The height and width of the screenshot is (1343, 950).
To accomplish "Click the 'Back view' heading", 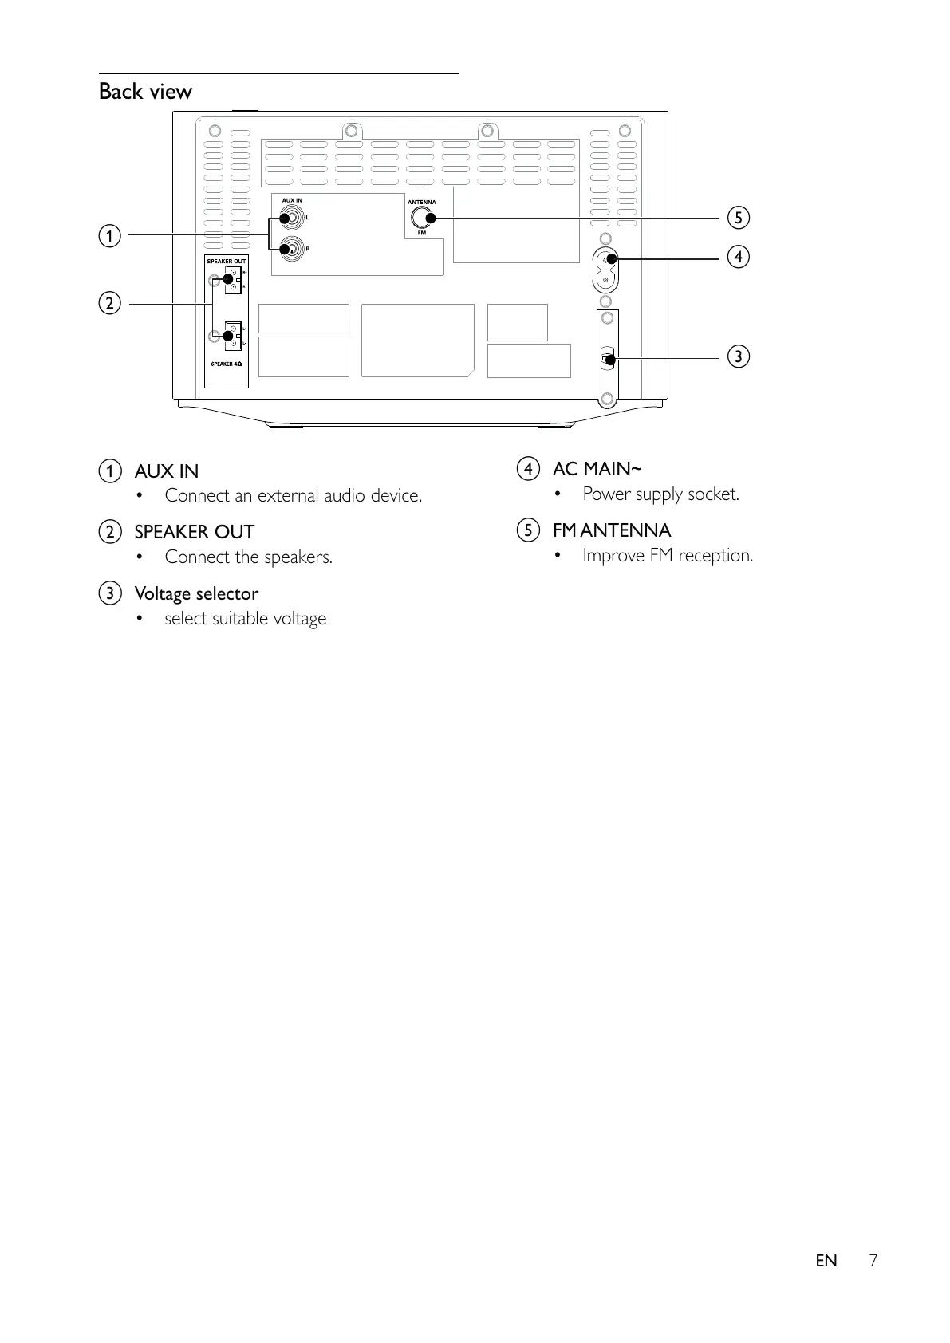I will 145,92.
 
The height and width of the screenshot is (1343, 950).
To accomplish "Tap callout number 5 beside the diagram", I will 738,217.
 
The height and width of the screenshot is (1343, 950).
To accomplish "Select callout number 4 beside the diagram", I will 738,256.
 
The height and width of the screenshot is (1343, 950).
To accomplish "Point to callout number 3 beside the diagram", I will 738,356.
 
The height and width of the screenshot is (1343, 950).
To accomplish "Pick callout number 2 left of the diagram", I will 110,303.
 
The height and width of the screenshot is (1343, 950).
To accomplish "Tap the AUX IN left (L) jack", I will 293,217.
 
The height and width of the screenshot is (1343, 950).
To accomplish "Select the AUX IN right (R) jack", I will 293,248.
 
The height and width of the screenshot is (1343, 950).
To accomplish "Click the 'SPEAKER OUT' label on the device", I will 227,262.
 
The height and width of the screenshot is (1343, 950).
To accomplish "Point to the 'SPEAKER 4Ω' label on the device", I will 226,364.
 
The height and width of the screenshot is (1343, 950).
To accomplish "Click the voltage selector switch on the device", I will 607,359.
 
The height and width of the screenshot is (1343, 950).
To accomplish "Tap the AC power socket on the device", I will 606,270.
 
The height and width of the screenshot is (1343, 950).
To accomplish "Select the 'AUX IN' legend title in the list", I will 167,471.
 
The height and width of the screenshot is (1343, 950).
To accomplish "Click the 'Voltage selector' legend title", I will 196,594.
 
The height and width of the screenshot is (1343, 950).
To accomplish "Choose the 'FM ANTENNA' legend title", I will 612,530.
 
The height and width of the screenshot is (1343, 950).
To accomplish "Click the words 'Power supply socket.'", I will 660,494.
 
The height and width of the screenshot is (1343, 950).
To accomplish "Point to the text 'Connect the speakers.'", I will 248,557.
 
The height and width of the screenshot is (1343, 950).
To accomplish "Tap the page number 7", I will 873,1261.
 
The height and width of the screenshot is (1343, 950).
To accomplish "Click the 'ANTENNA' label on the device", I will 422,203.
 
